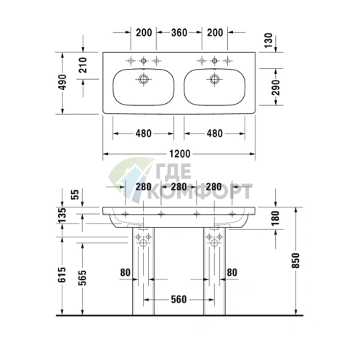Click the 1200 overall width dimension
(180, 154)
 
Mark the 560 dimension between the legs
(179, 299)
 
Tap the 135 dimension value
(63, 215)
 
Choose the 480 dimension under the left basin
(144, 134)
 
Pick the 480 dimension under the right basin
(215, 134)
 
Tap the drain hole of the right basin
(215, 78)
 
